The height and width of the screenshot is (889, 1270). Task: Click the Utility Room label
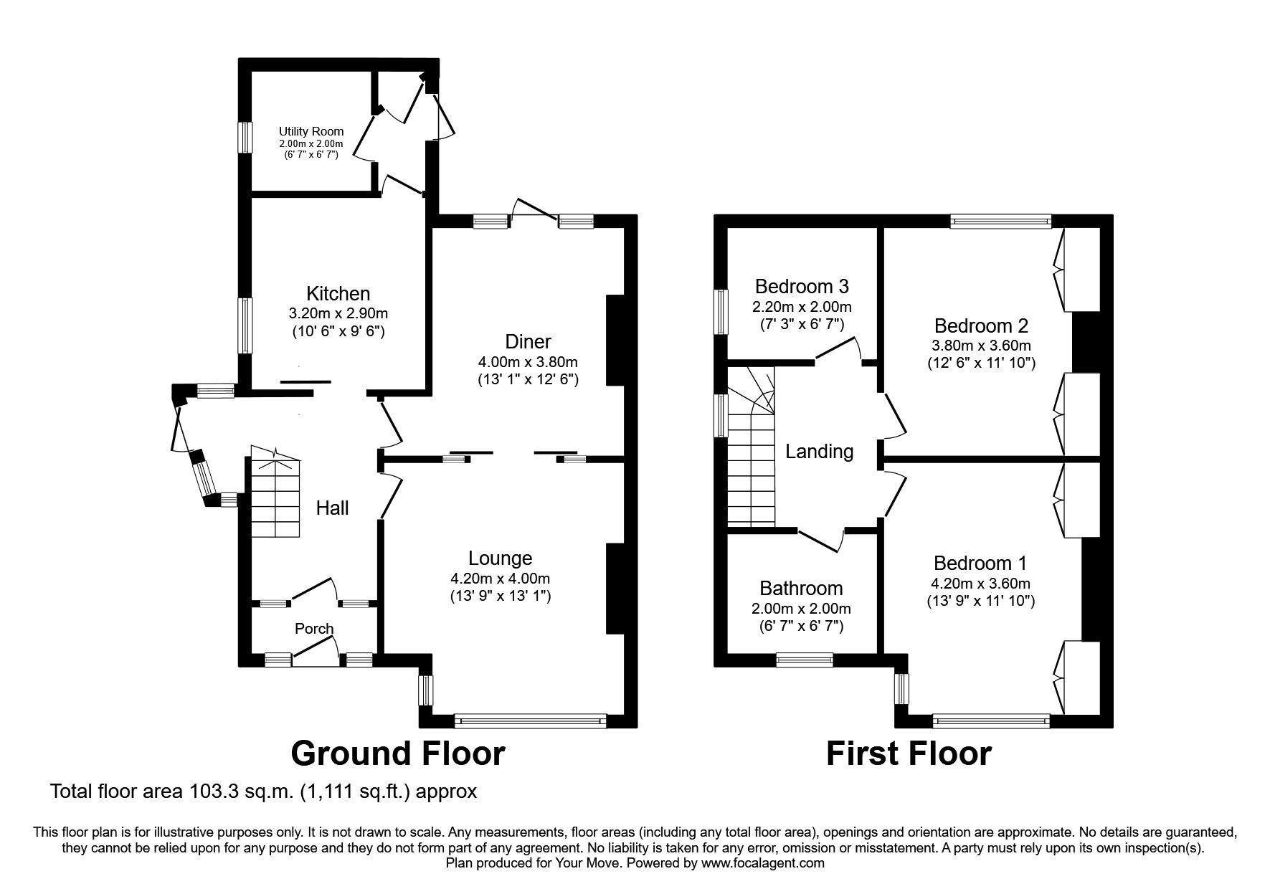pos(311,131)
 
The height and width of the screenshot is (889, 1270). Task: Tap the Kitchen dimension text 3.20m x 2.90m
pos(338,313)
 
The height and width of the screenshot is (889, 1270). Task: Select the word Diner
pos(527,342)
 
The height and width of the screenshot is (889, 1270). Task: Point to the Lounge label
pos(500,558)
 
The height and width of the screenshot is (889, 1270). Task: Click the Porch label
pos(314,629)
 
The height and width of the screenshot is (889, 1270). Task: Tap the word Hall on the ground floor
pos(332,508)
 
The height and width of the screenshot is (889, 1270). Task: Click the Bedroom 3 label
pos(802,287)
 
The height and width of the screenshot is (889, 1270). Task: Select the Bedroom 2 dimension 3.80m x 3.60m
pos(981,345)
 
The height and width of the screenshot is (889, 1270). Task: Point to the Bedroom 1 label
pos(980,563)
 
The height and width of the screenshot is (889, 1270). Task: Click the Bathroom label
pos(801,589)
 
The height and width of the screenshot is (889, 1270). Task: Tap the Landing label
pos(819,452)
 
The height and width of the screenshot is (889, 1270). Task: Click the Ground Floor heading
pos(398,753)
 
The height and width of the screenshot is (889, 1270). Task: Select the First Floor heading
pos(909,754)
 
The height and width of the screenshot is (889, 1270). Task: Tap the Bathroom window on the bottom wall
pos(805,660)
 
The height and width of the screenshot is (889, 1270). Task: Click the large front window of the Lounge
pos(531,721)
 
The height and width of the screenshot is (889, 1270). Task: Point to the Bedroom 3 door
pos(838,349)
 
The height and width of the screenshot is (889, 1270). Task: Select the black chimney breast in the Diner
pos(615,341)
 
